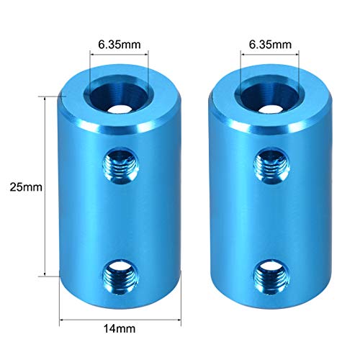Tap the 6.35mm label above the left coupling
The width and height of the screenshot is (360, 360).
118,42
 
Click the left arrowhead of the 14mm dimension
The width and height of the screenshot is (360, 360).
61,318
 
